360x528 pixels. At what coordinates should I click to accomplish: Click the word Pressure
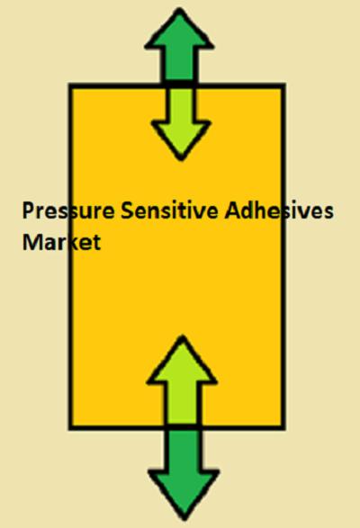[68, 210]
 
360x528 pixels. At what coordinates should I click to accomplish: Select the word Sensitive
[169, 210]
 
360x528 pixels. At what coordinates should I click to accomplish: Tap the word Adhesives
[279, 210]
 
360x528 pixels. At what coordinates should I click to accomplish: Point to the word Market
[61, 241]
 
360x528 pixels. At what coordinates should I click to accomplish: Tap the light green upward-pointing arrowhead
[182, 361]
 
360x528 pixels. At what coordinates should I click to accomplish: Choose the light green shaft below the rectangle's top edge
[180, 105]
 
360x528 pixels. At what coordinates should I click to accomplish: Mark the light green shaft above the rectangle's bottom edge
[183, 403]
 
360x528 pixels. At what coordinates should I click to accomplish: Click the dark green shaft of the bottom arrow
[184, 451]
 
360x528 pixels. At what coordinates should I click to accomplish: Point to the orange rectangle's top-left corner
[71, 85]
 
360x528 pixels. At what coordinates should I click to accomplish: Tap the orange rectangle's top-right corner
[283, 85]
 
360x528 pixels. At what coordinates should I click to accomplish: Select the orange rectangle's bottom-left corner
[71, 427]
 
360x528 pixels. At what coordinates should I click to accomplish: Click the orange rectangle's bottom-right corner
[283, 427]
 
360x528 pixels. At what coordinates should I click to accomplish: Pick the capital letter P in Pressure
[28, 210]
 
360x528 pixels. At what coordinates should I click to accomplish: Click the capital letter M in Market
[33, 242]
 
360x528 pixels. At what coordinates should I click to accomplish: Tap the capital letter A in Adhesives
[233, 210]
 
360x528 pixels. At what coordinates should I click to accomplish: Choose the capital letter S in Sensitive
[127, 210]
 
